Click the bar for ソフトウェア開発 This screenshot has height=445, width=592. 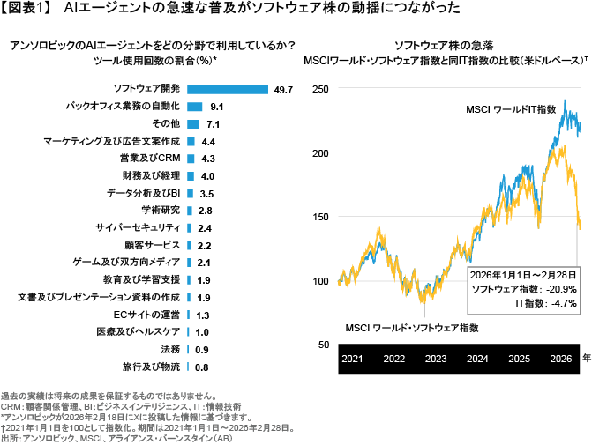pos(228,89)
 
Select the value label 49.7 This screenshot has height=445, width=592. pos(284,89)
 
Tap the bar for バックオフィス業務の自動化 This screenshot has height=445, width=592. pos(196,107)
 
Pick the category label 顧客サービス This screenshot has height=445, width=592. pos(152,244)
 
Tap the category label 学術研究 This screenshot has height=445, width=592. pos(161,210)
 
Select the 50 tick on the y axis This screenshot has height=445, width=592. pos(323,345)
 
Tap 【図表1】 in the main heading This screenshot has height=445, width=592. pos(27,10)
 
